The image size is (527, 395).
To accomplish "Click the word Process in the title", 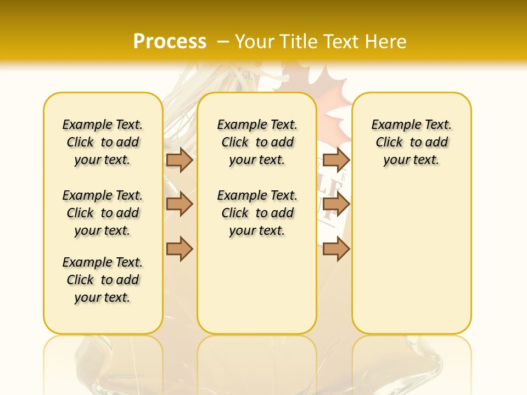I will (170, 41).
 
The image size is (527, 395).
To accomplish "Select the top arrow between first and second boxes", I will (180, 160).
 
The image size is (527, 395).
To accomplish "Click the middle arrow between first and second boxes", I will (180, 204).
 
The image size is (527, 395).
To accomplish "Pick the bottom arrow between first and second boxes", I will (180, 249).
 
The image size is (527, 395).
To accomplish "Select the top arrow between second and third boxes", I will (336, 160).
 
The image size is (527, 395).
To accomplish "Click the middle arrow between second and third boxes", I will (336, 204).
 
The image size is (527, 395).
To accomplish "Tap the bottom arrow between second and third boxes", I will (336, 249).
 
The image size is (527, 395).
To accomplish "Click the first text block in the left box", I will (103, 142).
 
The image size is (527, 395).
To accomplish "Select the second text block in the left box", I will (103, 213).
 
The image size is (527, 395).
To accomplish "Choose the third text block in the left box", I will (103, 280).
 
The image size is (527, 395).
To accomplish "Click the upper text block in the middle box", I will (257, 142).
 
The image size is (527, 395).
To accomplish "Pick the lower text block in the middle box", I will (257, 213).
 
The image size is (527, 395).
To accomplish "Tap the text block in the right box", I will (411, 142).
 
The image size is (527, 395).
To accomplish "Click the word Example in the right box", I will (392, 125).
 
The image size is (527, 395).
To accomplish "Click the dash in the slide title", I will (223, 41).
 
